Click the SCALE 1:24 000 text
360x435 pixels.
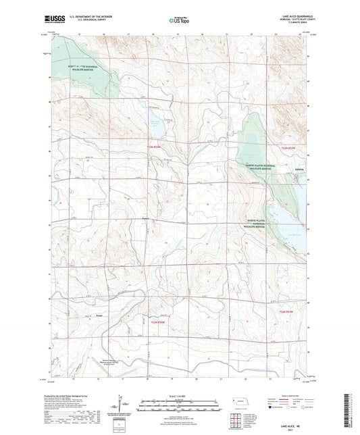(x=180, y=396)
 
